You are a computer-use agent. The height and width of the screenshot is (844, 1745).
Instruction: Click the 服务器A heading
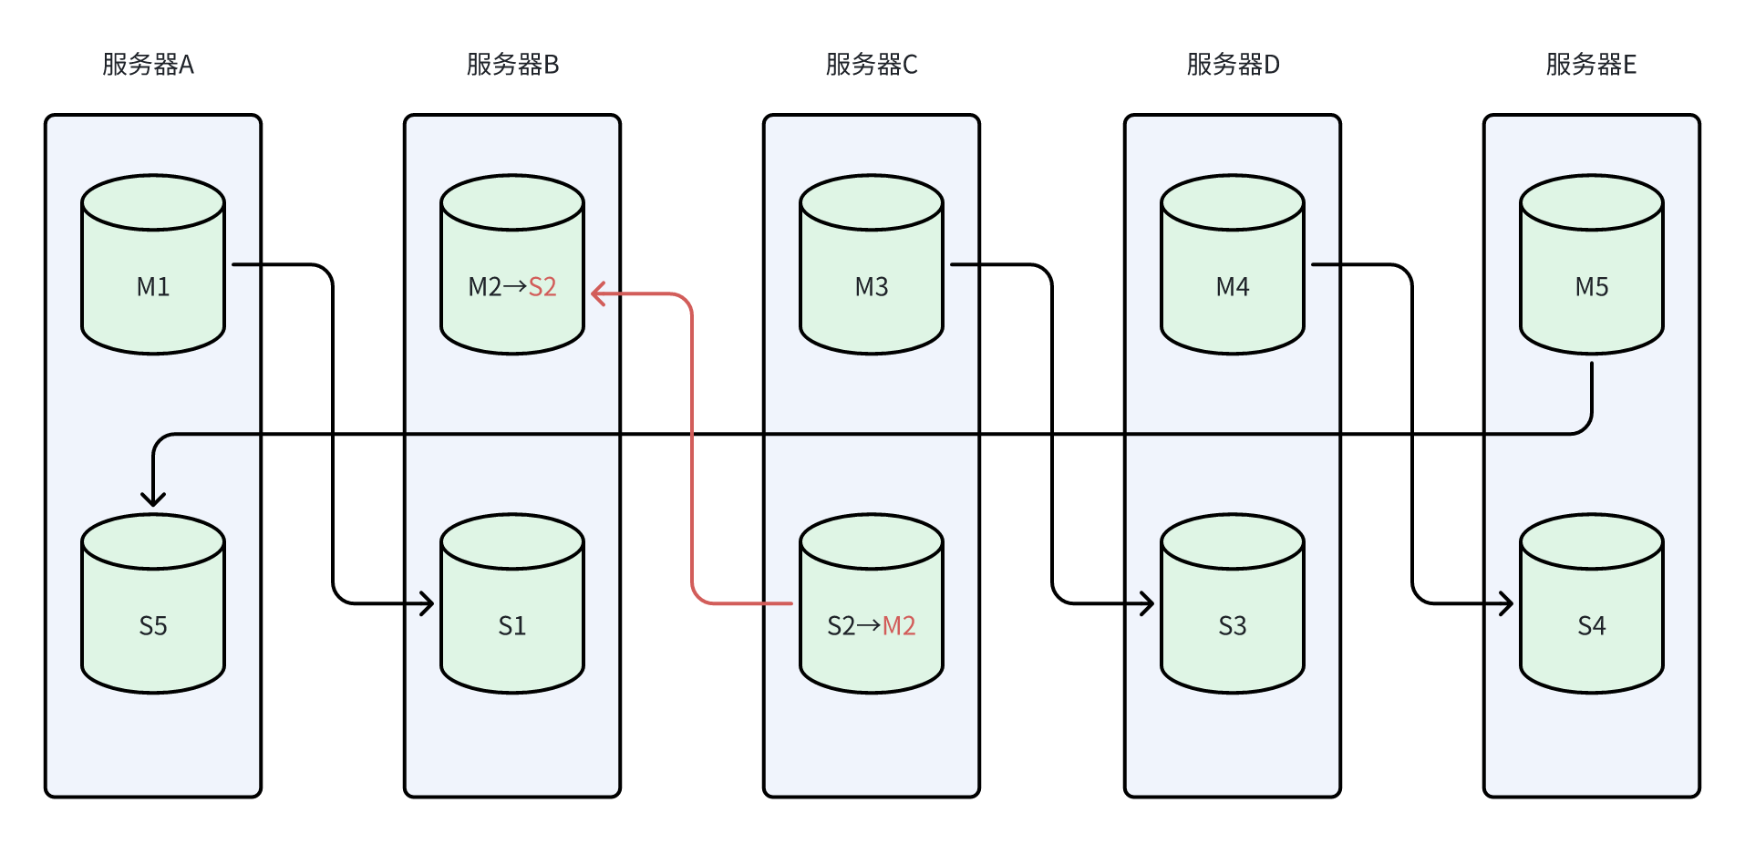click(x=148, y=65)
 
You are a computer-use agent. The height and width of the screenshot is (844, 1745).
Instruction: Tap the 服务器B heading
click(x=512, y=65)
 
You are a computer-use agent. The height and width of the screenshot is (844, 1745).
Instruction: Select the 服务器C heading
click(x=872, y=65)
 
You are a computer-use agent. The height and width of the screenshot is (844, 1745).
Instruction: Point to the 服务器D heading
click(x=1233, y=65)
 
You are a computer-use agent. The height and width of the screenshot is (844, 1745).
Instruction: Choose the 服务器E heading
click(x=1591, y=65)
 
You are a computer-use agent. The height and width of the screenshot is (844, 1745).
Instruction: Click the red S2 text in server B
click(x=542, y=287)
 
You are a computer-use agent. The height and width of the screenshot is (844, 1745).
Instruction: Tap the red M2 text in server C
click(x=899, y=626)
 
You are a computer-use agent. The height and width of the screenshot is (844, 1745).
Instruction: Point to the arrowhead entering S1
click(x=429, y=603)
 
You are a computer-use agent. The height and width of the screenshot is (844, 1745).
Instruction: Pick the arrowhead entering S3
click(x=1149, y=603)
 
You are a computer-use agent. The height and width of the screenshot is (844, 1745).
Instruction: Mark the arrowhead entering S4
click(x=1508, y=603)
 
